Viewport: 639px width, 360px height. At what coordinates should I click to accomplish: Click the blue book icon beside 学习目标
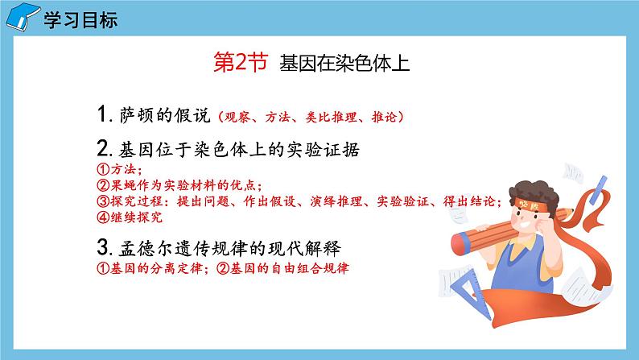click(23, 16)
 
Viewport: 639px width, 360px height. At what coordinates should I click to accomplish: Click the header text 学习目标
click(80, 20)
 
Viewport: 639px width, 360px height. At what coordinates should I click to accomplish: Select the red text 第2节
click(241, 62)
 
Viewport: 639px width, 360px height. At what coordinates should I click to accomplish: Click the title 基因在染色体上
click(344, 63)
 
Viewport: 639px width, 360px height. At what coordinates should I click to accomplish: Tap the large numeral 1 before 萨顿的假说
click(102, 114)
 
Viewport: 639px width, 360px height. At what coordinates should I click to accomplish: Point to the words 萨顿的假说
click(165, 115)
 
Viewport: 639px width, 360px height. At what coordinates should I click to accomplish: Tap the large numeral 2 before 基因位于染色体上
click(103, 148)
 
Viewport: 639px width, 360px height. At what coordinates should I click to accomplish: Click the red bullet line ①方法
click(119, 169)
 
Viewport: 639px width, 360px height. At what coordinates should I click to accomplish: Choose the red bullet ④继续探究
click(130, 217)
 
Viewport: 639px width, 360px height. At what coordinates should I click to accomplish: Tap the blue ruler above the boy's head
click(598, 190)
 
